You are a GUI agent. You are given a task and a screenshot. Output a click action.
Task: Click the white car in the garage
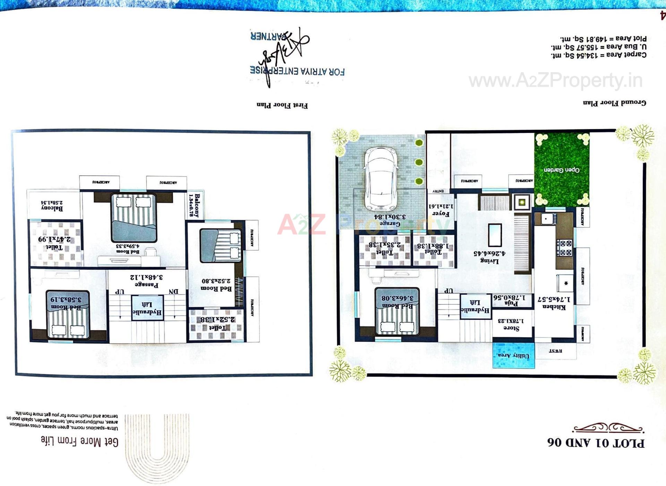click(381, 179)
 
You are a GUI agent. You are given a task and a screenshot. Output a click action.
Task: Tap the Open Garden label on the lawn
click(561, 170)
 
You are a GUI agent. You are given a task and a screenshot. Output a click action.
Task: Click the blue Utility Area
click(513, 355)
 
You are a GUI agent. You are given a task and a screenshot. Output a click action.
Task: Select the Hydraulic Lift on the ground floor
click(475, 306)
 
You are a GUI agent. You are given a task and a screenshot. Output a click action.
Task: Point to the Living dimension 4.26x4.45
click(489, 253)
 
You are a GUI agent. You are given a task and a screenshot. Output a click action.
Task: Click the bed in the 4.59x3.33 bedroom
click(134, 218)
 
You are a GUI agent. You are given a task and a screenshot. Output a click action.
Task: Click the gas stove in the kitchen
click(564, 248)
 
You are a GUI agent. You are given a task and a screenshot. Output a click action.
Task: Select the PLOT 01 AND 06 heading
click(596, 443)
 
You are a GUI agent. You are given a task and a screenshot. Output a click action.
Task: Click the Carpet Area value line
click(598, 55)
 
